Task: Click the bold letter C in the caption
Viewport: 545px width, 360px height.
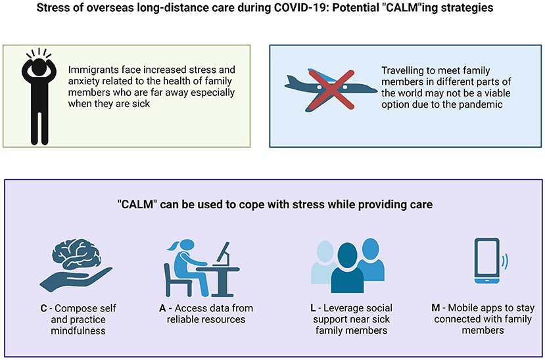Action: [x=41, y=308]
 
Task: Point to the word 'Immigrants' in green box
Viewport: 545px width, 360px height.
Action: [x=93, y=69]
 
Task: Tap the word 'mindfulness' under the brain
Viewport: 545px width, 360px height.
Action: [x=78, y=330]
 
